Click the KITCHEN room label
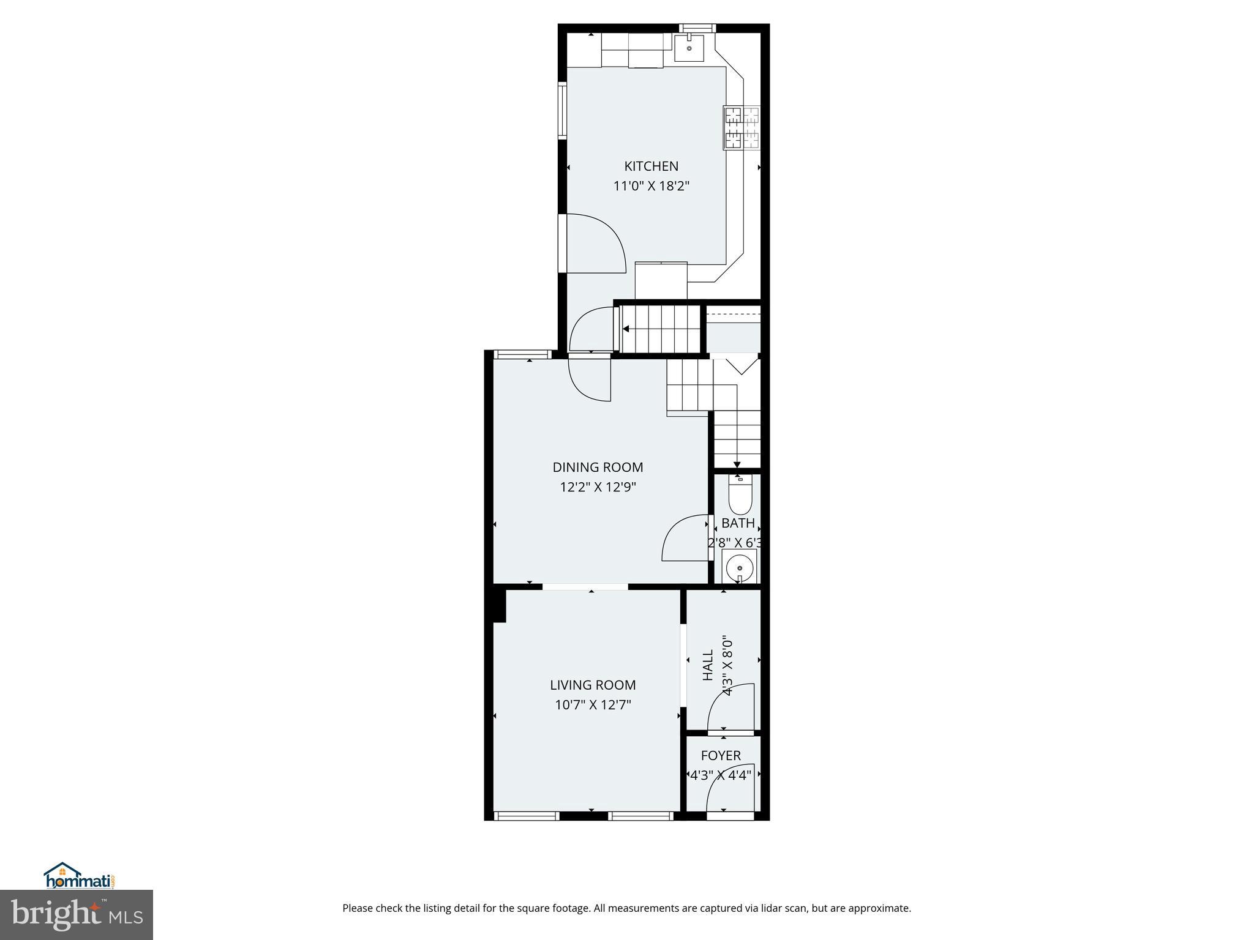coord(651,166)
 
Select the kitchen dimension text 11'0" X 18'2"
coord(651,186)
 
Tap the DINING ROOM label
coord(598,467)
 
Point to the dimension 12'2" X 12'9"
coord(598,487)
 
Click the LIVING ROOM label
coord(593,685)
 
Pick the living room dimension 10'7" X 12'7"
coord(593,705)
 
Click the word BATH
coord(738,523)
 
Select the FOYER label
coord(721,756)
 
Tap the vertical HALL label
coord(708,665)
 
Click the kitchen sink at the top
coord(689,47)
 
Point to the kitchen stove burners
coord(742,128)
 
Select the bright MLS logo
coord(77,914)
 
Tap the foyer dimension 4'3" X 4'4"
coord(721,775)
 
